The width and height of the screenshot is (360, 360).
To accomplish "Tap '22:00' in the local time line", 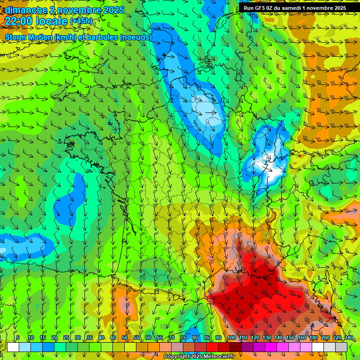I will click(18, 21).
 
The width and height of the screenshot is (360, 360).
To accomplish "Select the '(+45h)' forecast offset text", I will click(81, 21).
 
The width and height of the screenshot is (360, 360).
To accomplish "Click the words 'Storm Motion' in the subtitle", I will click(28, 37).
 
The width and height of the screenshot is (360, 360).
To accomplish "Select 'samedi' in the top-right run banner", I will click(295, 8).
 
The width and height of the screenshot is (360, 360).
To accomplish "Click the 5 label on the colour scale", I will click(18, 337).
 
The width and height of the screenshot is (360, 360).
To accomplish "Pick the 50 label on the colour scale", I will click(125, 337).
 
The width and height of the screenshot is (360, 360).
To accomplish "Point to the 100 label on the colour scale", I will click(232, 337).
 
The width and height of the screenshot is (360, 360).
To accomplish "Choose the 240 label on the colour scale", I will click(349, 337).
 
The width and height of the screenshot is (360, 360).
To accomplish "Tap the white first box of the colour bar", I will click(13, 347).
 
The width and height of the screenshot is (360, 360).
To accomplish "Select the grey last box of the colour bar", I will click(341, 347).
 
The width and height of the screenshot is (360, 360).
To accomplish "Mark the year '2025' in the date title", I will click(112, 10).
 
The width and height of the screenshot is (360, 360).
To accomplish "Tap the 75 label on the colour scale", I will click(183, 337).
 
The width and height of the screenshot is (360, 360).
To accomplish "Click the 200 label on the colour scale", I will click(325, 337).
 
